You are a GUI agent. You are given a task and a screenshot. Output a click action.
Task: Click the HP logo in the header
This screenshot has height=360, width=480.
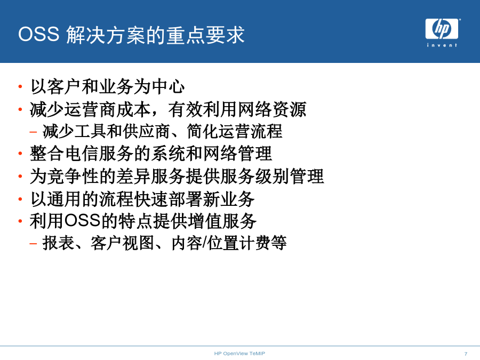442,29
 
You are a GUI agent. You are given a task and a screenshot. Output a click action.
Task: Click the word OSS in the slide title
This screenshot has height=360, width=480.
39,34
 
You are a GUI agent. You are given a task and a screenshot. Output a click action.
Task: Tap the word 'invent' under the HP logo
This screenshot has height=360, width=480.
442,45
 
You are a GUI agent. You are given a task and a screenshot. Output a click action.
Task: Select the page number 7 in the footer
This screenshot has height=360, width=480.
466,354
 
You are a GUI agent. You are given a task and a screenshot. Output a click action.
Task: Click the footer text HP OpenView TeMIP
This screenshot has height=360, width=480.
239,353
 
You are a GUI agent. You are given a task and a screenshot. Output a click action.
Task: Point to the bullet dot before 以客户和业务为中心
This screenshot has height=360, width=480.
20,86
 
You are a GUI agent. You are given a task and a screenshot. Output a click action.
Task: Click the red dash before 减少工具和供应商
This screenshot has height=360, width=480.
33,132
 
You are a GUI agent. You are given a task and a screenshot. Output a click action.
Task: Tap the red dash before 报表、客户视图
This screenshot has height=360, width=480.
33,244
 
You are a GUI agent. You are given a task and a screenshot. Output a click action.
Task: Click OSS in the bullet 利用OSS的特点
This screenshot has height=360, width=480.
82,221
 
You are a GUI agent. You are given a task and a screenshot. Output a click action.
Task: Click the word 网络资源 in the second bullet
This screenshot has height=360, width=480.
272,109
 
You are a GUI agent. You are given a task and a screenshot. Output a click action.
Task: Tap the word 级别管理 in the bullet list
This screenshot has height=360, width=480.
290,176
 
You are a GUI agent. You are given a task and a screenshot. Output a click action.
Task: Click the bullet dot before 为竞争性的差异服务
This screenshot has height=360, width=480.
20,176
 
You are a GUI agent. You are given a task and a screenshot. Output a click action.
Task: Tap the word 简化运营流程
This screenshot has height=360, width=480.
235,131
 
